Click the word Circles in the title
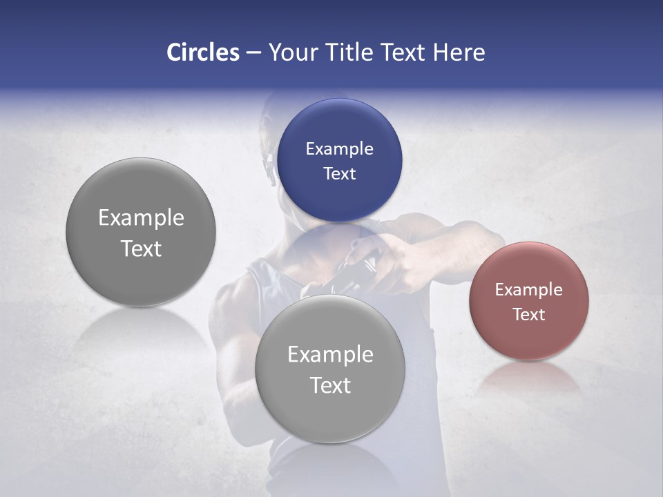(x=202, y=52)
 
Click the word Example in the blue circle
(x=339, y=149)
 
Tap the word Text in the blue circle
(x=339, y=174)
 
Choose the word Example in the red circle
(x=528, y=290)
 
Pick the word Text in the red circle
(x=528, y=315)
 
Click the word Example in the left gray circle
(x=141, y=218)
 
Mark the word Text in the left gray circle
(x=141, y=248)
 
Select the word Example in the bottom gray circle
(x=330, y=355)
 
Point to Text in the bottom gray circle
(x=330, y=385)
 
